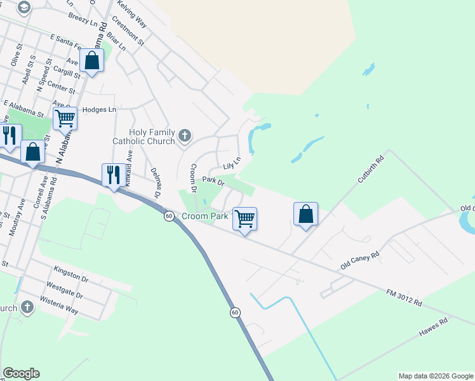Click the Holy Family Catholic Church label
(143, 136)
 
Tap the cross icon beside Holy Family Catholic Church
(184, 135)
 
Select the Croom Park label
(204, 217)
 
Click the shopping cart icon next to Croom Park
(245, 219)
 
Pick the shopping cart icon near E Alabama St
(65, 118)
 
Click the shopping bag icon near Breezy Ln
(92, 61)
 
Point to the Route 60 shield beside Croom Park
(168, 217)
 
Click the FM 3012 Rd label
(404, 298)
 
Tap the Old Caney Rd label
(359, 259)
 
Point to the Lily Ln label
(232, 164)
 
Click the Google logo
(22, 373)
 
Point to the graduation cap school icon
(24, 7)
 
